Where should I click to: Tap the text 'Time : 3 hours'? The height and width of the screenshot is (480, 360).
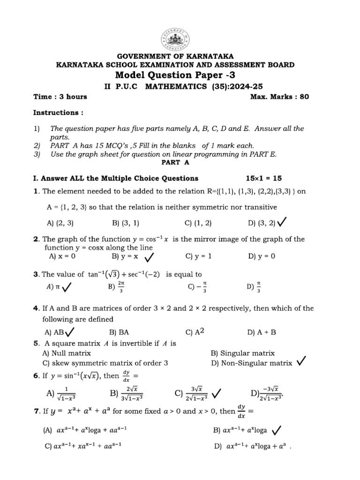(60, 97)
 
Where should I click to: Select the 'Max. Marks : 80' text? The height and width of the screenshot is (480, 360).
(280, 97)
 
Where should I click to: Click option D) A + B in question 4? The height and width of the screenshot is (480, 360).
(262, 332)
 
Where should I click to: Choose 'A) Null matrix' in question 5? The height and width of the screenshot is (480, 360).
(67, 353)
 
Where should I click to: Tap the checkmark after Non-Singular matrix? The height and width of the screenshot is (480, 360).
(302, 361)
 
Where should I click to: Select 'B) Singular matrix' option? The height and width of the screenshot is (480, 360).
(243, 353)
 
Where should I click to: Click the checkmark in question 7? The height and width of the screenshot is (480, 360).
(276, 429)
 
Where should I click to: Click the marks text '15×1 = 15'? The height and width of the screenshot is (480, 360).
(264, 178)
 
